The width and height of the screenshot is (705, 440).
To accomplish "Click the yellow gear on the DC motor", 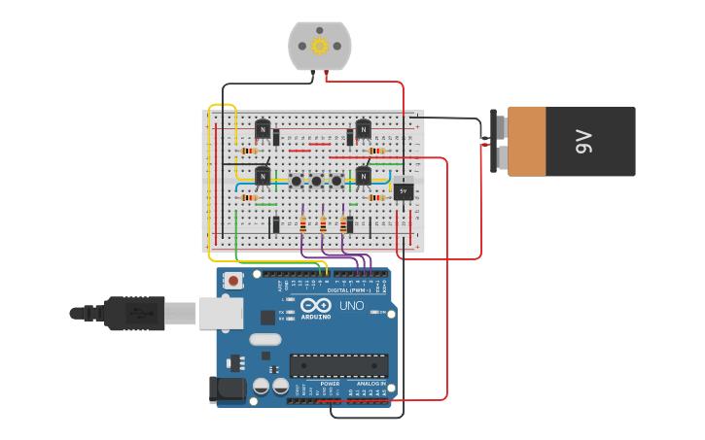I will click(x=319, y=46).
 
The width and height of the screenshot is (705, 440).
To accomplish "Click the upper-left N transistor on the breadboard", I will click(x=263, y=128).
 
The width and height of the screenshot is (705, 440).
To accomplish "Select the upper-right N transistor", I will click(x=363, y=128).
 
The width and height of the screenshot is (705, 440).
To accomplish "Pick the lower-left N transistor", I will click(x=263, y=176).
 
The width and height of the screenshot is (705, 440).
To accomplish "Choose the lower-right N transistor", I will click(x=363, y=176).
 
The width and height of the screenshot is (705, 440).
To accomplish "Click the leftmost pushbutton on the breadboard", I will click(x=296, y=181).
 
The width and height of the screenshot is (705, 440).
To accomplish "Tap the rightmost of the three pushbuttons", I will click(x=336, y=181).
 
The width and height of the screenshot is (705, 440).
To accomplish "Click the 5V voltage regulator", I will click(x=404, y=191).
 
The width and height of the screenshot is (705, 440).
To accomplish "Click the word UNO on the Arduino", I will click(x=351, y=306).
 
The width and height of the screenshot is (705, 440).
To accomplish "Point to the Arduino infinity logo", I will click(x=316, y=304).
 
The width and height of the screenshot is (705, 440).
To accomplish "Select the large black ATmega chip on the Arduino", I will click(x=338, y=365).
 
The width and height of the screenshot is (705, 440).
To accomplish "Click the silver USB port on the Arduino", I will click(x=221, y=313).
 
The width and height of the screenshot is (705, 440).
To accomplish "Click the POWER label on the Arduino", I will click(x=330, y=384).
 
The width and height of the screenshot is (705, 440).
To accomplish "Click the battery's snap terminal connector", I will click(x=500, y=142).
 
